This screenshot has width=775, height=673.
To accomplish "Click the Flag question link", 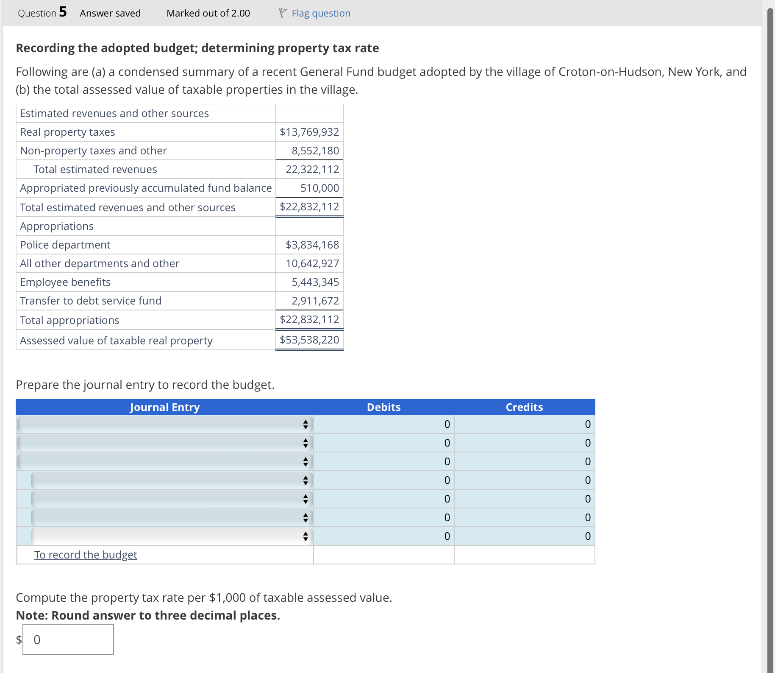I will tap(321, 14).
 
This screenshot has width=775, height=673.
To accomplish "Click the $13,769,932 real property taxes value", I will tap(309, 132).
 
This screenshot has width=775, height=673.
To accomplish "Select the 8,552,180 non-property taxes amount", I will tap(315, 151).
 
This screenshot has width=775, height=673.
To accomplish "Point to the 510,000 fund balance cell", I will tap(319, 188).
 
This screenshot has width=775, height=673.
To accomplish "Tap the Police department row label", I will tap(65, 245).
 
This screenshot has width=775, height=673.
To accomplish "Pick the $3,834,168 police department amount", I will tap(312, 245).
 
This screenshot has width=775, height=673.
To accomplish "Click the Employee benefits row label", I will tap(65, 282).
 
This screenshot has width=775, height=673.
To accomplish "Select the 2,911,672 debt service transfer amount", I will tap(315, 301).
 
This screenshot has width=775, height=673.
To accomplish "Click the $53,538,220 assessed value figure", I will tap(309, 340).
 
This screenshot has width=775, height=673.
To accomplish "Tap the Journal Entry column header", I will tap(164, 407).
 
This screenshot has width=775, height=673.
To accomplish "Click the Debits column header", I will tap(383, 407).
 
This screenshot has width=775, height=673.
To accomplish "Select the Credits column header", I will tap(524, 407).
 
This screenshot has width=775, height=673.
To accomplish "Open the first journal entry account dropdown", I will tap(165, 424).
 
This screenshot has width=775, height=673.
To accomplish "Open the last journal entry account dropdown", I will tap(172, 536).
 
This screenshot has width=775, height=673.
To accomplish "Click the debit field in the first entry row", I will tap(384, 424).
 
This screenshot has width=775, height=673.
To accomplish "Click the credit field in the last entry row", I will tap(525, 536).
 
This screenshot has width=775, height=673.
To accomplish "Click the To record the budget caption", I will tap(86, 555).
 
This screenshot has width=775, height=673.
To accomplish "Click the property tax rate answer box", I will tap(68, 639).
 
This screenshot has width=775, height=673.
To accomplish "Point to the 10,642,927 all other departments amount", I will tap(312, 263).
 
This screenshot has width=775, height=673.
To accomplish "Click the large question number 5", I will tap(63, 12).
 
